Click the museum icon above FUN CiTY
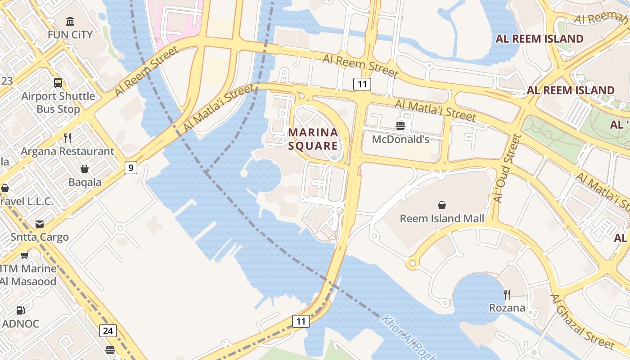70,21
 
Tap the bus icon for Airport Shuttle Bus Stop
58,83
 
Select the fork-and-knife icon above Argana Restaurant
67,138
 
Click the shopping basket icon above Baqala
85,169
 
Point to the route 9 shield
130,168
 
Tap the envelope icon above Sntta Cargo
40,224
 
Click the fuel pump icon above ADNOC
20,310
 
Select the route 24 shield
108,331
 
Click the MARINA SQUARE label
313,139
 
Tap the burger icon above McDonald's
400,126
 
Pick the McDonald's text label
400,139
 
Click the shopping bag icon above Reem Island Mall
442,205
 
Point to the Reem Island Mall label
442,219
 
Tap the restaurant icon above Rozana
507,295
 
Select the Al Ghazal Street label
582,322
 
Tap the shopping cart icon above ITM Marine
24,255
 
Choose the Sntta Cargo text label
40,237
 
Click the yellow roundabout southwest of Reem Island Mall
412,264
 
